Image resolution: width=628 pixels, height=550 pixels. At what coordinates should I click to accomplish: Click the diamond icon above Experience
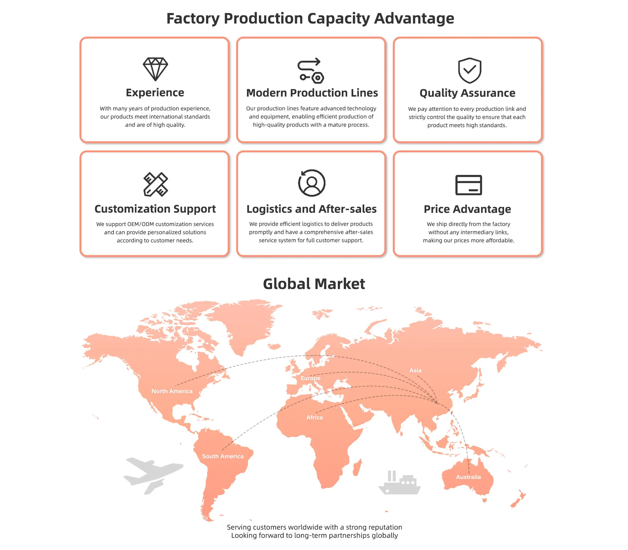point(155,69)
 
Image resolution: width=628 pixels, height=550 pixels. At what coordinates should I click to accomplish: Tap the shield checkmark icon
point(469,70)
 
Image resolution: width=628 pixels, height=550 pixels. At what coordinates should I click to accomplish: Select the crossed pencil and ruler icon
point(156,184)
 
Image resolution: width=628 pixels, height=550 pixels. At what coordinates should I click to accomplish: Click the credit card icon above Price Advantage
point(468,185)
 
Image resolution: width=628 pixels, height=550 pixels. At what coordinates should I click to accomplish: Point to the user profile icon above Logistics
point(312,183)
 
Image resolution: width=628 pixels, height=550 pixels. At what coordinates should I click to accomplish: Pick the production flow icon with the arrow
point(310,70)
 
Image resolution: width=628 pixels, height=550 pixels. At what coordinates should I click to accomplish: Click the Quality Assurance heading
point(467,93)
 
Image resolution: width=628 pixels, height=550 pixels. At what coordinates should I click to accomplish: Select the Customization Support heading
point(155,209)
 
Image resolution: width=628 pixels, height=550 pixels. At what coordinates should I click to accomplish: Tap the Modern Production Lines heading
point(312,93)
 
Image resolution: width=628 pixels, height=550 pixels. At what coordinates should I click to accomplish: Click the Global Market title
point(314,284)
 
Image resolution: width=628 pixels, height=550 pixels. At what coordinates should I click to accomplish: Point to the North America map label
point(172,391)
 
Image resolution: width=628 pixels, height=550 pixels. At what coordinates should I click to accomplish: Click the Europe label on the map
point(310,378)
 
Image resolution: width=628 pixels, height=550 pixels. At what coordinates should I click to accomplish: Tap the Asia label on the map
point(415,370)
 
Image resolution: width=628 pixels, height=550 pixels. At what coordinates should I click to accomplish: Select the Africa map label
point(314,417)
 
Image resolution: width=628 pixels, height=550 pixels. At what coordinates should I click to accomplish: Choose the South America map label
point(223,456)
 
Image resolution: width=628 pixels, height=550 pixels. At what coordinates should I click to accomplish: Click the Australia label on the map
point(468,477)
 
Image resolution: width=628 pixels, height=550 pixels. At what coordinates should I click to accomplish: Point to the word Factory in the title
point(193,18)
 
